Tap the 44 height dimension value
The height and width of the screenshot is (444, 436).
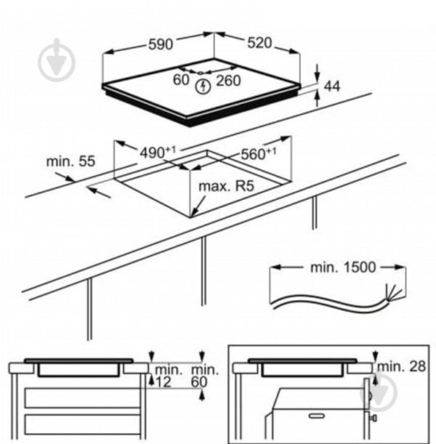pyautogui.click(x=332, y=86)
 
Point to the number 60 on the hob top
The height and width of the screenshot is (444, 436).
pyautogui.click(x=181, y=81)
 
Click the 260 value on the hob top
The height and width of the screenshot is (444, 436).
pyautogui.click(x=228, y=81)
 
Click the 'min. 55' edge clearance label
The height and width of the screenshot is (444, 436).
pyautogui.click(x=70, y=161)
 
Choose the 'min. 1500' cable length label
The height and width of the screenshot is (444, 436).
pyautogui.click(x=343, y=267)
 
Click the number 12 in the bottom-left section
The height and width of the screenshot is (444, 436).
pyautogui.click(x=164, y=382)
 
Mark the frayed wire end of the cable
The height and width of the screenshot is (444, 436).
pyautogui.click(x=394, y=291)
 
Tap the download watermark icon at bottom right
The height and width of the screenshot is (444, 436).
pyautogui.click(x=381, y=392)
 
